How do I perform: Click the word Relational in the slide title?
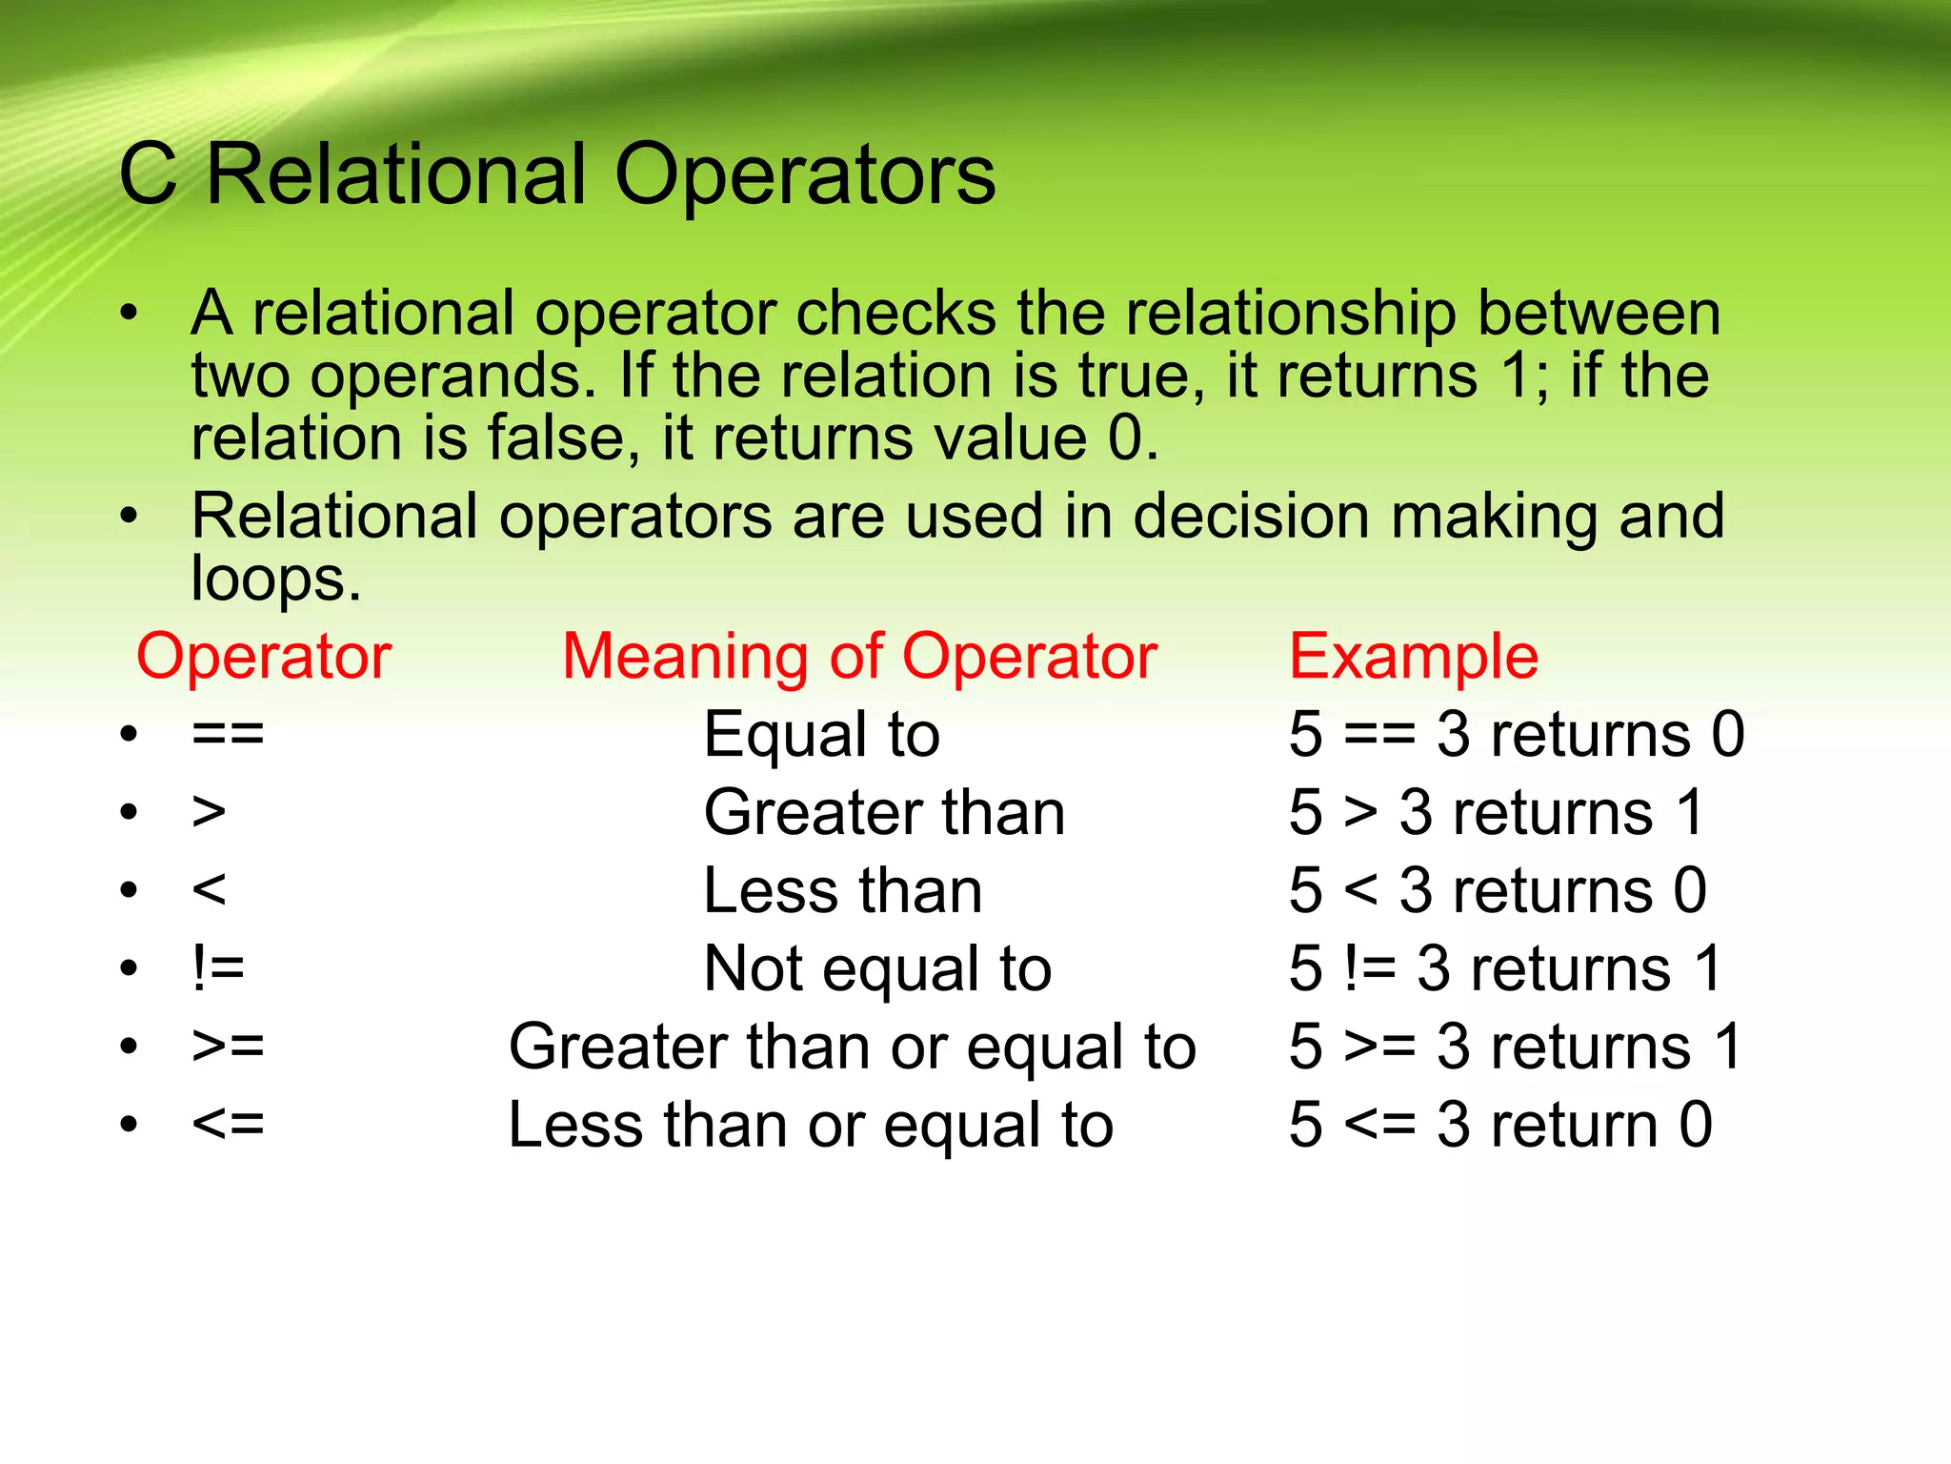(x=395, y=174)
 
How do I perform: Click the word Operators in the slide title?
(x=805, y=176)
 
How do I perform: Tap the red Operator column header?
(x=264, y=657)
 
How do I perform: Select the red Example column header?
(x=1414, y=657)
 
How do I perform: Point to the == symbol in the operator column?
(x=228, y=735)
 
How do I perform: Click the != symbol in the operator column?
(x=219, y=968)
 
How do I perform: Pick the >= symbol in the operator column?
(x=228, y=1047)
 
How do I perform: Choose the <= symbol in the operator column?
(x=228, y=1125)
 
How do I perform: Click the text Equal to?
(x=821, y=735)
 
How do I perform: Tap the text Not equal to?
(x=877, y=968)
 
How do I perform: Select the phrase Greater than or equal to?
(x=852, y=1047)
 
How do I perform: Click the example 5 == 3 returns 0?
(x=1517, y=735)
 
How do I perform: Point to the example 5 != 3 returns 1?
(x=1506, y=968)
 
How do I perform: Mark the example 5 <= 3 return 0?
(x=1500, y=1125)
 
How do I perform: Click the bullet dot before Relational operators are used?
(x=130, y=516)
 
